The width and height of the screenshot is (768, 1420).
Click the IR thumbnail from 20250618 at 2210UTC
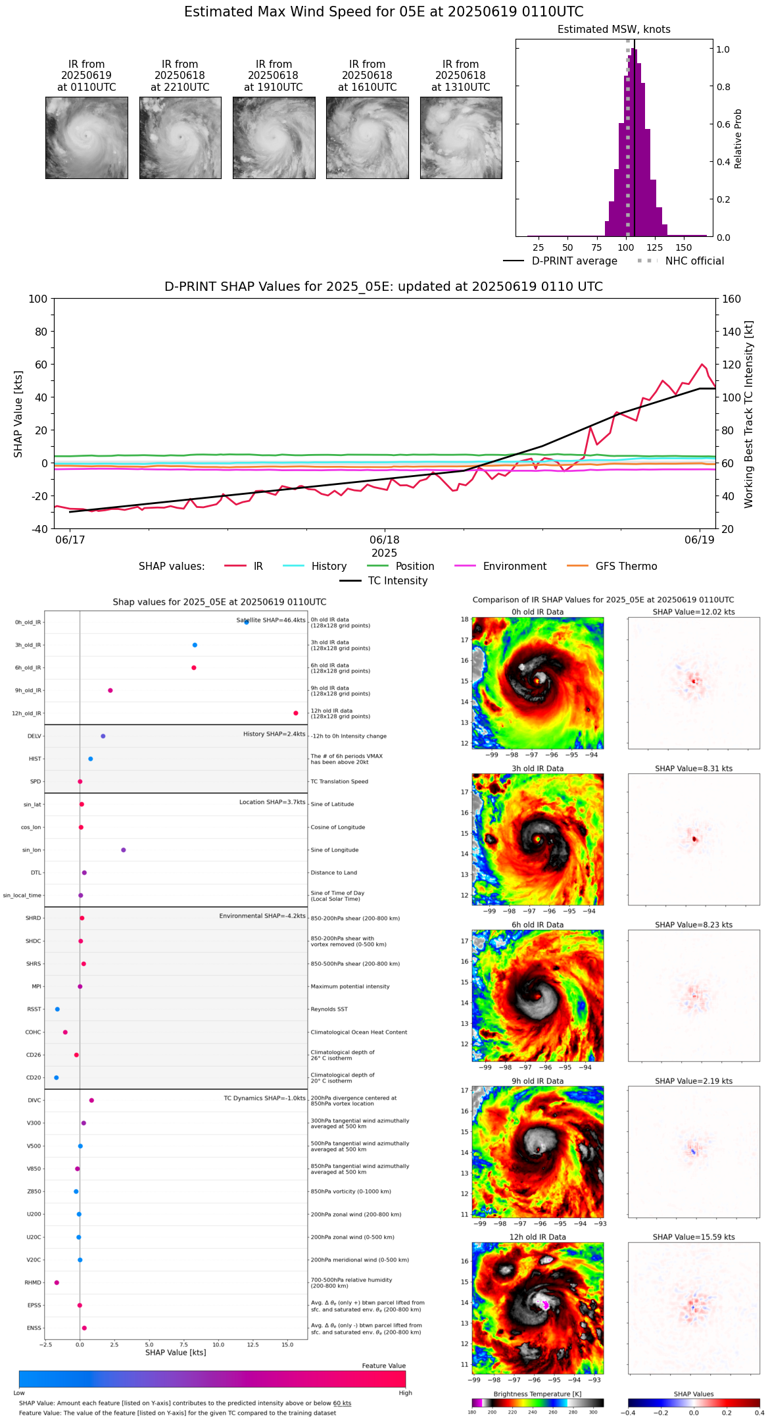[180, 138]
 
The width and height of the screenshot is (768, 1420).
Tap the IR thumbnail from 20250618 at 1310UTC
[461, 138]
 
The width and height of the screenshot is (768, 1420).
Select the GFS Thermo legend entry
[626, 566]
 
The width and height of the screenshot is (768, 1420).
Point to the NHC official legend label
[694, 261]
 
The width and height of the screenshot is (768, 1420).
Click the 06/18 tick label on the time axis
[385, 540]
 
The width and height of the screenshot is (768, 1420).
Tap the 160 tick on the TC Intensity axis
[731, 299]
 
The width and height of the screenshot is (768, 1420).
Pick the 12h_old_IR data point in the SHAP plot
[296, 713]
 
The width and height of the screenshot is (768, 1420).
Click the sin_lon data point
[124, 850]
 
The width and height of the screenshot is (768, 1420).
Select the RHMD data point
[57, 1282]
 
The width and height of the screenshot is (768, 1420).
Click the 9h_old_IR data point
[110, 690]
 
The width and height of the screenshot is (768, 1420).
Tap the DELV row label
[34, 736]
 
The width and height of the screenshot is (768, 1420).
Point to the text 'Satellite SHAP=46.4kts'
[271, 620]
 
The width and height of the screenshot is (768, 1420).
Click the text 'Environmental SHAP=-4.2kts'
[262, 916]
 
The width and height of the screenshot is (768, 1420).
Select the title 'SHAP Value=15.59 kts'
[694, 1237]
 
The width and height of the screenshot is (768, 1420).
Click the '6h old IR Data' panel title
[537, 925]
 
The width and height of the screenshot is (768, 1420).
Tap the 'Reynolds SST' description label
[329, 1009]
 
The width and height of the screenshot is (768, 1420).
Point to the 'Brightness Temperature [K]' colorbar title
[537, 1394]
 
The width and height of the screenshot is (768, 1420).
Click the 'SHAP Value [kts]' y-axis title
[18, 414]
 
